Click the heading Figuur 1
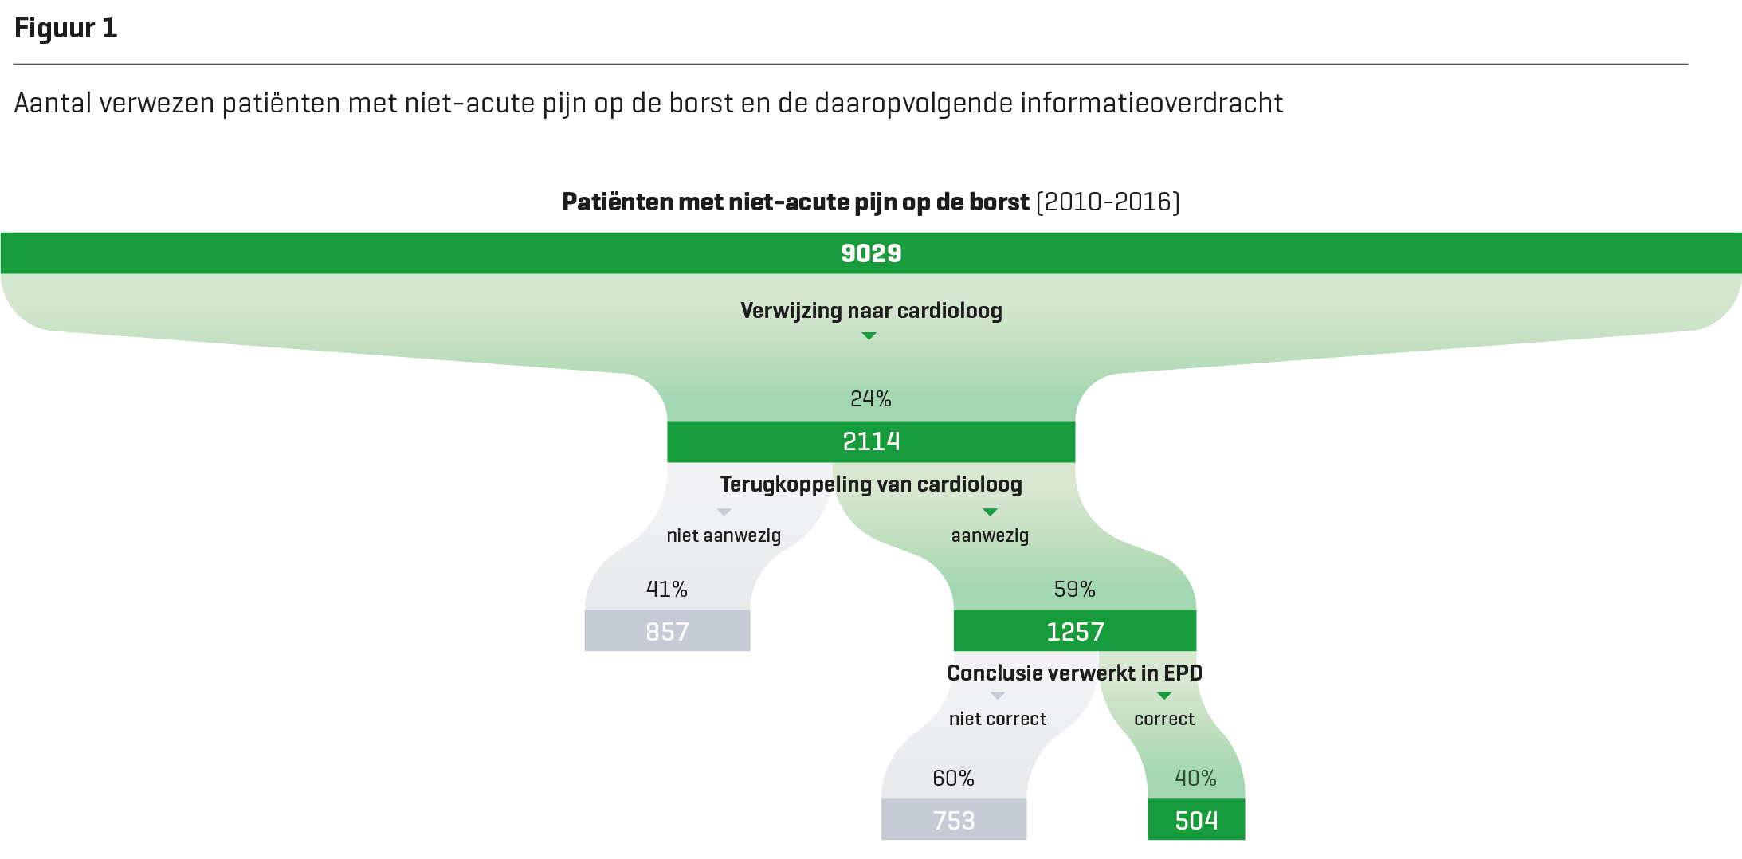point(66,29)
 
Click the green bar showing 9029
point(871,253)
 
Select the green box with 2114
point(871,441)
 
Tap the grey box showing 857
point(667,631)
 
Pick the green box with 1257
point(1074,631)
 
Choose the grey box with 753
point(953,820)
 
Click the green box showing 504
point(1196,820)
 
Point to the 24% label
point(870,398)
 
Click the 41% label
point(666,589)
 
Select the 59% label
point(1074,589)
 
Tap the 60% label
point(953,778)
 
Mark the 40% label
point(1195,778)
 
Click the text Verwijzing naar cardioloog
point(871,311)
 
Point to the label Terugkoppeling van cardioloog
point(871,484)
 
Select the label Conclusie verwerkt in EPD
point(1074,673)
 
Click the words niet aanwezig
point(724,535)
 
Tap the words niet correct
point(998,719)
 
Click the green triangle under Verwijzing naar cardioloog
point(869,336)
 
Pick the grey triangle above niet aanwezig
point(724,512)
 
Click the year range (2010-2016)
point(1108,202)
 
